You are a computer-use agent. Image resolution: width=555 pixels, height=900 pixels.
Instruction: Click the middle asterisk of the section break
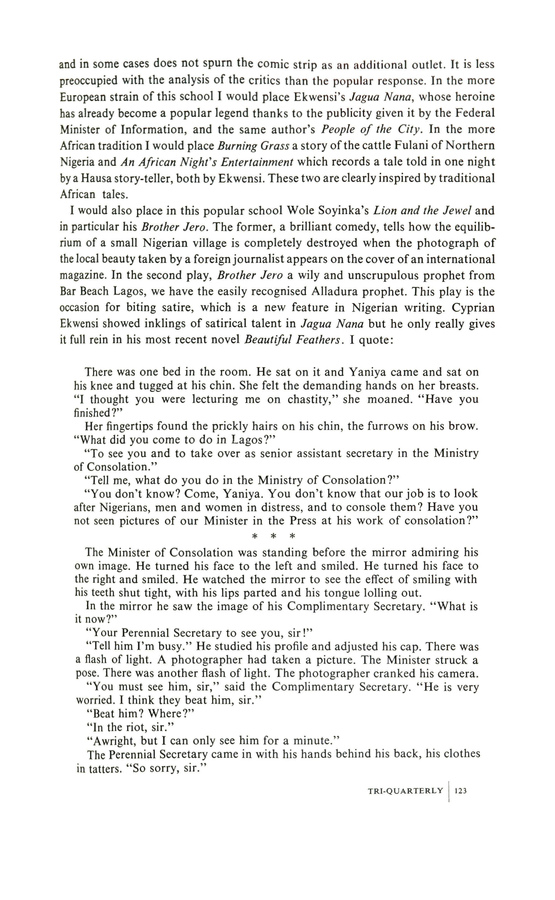(x=273, y=536)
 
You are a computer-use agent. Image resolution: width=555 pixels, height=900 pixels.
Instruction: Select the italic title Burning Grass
(x=253, y=146)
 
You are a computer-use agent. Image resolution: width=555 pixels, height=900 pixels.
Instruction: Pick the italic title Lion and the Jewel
(x=422, y=210)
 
